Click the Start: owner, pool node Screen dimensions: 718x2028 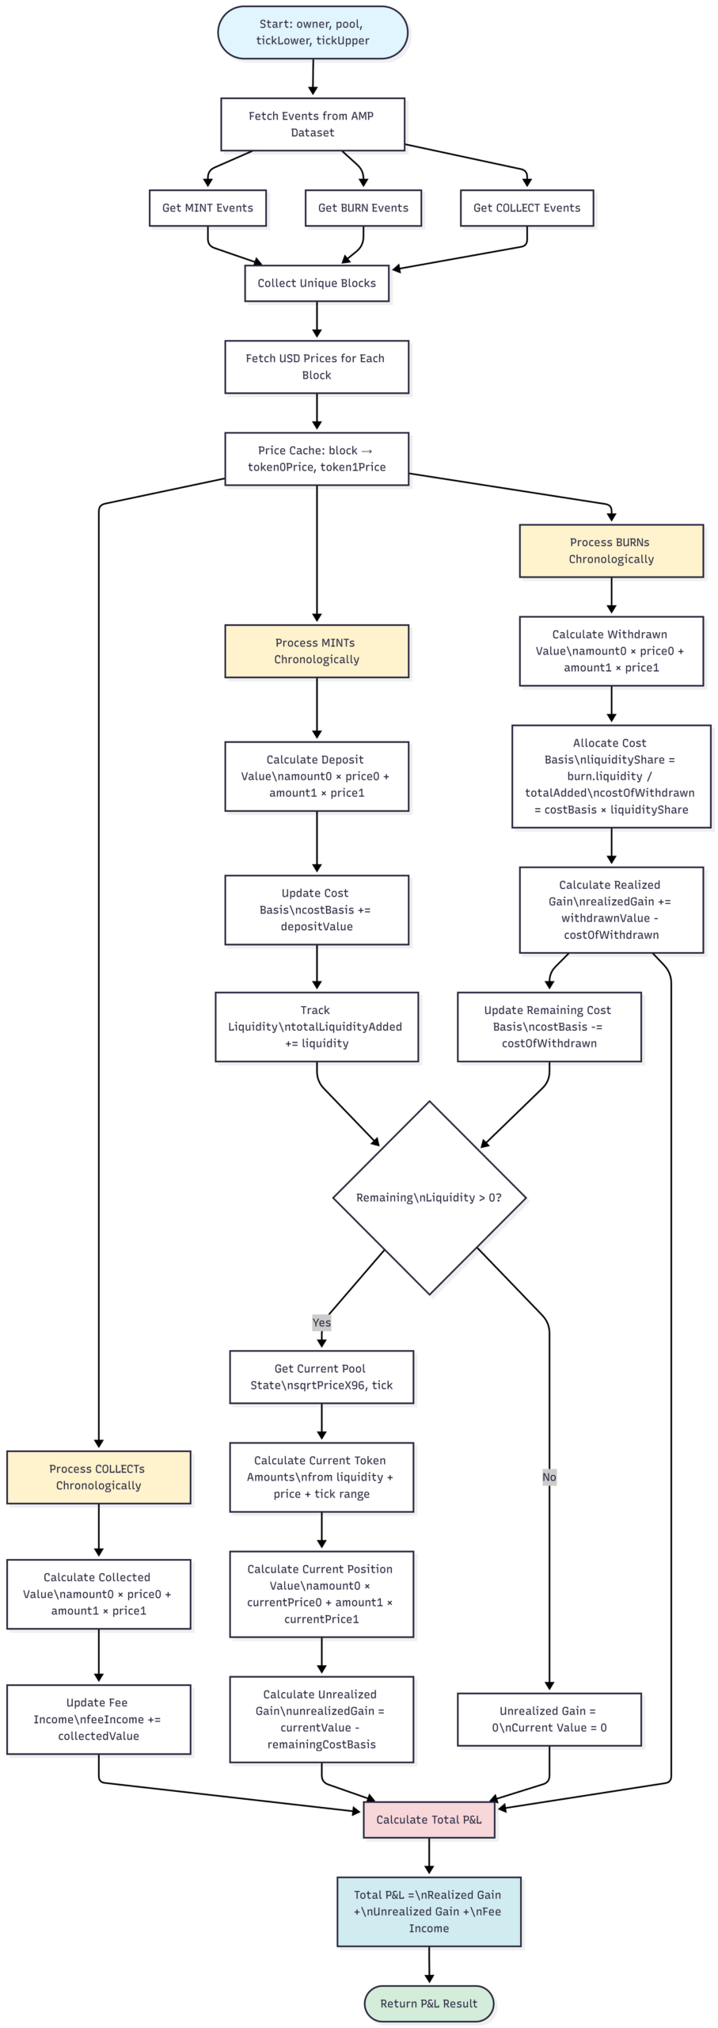click(313, 32)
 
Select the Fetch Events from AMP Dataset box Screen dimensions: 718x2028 click(313, 124)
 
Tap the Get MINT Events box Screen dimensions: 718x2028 click(207, 208)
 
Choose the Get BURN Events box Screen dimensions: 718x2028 click(363, 208)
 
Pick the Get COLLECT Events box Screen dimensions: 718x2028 click(527, 208)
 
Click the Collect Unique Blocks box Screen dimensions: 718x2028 click(317, 284)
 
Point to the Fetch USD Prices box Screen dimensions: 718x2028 click(317, 367)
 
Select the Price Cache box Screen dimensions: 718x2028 click(317, 459)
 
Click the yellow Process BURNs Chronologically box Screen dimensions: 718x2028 click(611, 551)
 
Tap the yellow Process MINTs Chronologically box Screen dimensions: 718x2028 click(317, 651)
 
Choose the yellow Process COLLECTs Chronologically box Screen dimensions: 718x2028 click(99, 1477)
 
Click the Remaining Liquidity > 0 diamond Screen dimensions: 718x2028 click(430, 1198)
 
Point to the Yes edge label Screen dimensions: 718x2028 click(321, 1322)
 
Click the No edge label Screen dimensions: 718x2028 click(549, 1477)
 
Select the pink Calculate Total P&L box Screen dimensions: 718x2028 click(429, 1820)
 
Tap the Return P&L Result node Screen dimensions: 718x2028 click(429, 2003)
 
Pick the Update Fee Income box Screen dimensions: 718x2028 click(99, 1720)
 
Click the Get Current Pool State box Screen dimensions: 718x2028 click(321, 1377)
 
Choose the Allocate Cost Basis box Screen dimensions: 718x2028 click(611, 776)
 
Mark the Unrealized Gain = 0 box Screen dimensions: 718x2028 click(549, 1720)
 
